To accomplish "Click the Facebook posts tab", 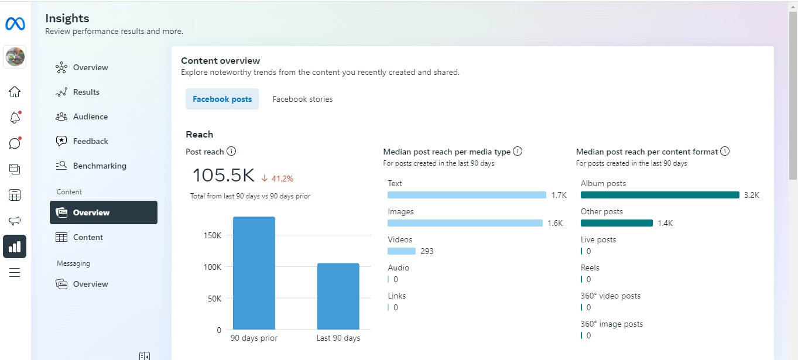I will [222, 100].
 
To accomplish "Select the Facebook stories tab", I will [302, 100].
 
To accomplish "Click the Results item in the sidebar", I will [86, 92].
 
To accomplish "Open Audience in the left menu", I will [90, 116].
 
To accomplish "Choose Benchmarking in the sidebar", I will [100, 166].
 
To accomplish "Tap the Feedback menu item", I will [90, 141].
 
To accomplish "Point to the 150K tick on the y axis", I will [211, 235].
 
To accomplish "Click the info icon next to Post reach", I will [231, 152].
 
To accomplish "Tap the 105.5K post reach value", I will [223, 176].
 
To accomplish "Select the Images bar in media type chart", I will [465, 223].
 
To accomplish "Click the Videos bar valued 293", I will [402, 251].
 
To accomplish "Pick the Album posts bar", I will [660, 195].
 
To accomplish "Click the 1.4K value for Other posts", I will [666, 223].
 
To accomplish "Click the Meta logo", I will [15, 24].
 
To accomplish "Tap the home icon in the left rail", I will [15, 92].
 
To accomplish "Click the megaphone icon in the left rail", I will [15, 221].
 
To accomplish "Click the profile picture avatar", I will [15, 57].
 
